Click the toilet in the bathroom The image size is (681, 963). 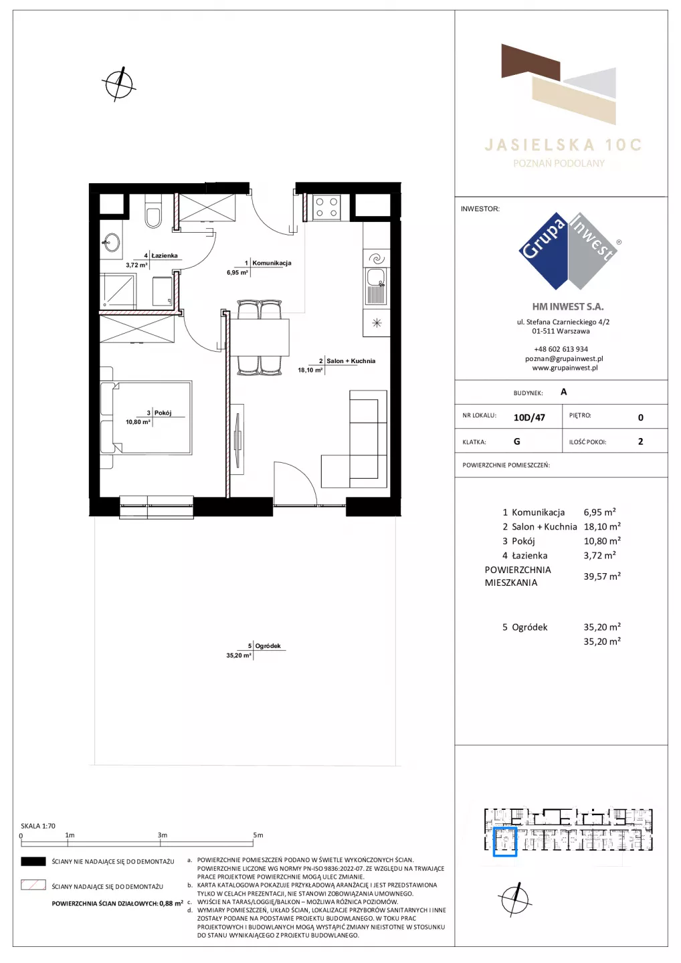pos(153,211)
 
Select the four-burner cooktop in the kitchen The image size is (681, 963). pos(326,207)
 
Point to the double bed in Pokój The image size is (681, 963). pos(147,417)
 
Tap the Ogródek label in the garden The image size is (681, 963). pos(268,646)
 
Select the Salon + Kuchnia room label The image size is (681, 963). pos(351,361)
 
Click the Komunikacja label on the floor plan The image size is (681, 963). pos(272,263)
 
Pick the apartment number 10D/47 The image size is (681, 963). pos(529,417)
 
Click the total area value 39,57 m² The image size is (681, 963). pos(602,576)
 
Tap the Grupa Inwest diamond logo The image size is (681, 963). pos(568,251)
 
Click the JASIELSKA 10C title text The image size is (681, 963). pos(563,145)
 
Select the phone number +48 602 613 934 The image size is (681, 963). pos(561,349)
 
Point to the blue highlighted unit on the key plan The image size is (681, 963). pos(505,842)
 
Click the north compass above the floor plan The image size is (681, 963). pos(119,84)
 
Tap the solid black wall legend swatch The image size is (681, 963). pos(33,861)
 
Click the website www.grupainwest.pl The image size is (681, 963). pos(565,368)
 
